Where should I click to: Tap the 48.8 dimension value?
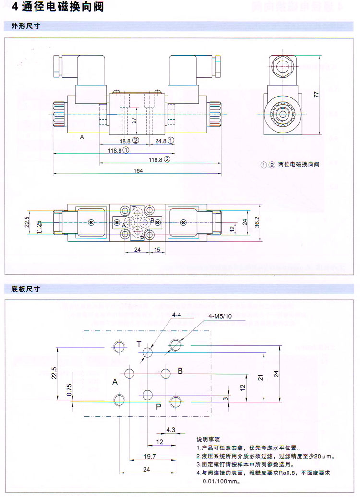[x=125, y=141]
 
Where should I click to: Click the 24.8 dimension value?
[x=161, y=141]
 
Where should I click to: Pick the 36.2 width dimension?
[x=257, y=222]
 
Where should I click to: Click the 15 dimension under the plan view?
[x=156, y=250]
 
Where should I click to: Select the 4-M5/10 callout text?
[x=220, y=316]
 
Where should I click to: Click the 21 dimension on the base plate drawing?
[x=259, y=377]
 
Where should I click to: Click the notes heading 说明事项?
[x=208, y=439]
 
